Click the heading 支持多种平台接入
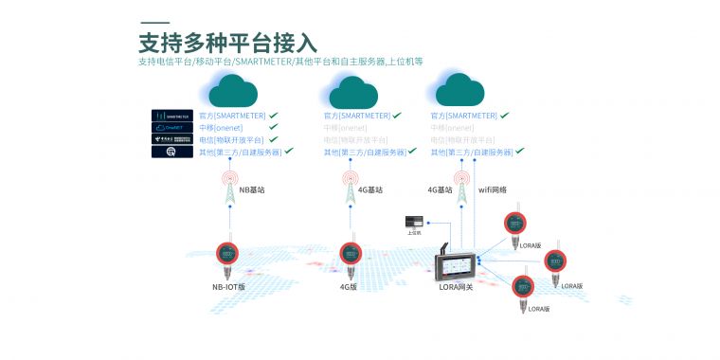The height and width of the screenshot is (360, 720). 226,42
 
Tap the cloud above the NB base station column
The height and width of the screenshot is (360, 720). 232,92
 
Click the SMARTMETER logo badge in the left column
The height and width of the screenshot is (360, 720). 171,116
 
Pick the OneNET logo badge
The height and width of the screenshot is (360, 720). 171,128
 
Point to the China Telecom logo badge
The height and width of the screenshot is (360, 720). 171,140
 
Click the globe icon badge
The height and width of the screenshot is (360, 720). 171,153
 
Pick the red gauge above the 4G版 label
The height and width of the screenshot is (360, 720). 350,253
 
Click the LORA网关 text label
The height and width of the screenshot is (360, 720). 456,287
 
